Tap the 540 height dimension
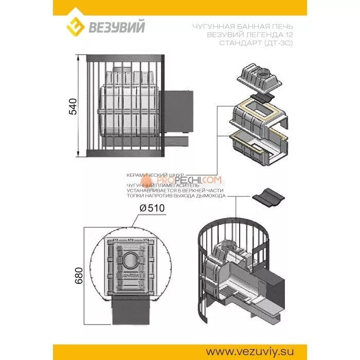73,105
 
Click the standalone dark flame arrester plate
265,197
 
